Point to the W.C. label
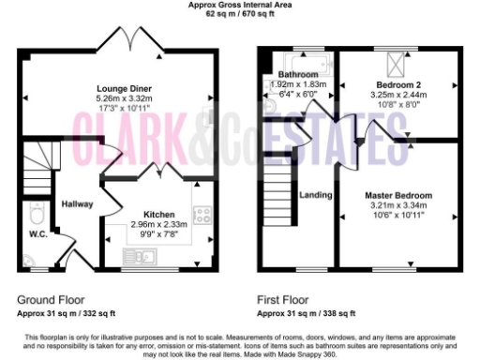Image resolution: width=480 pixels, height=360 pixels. pyautogui.click(x=38, y=234)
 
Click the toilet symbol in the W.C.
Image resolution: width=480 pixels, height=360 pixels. pyautogui.click(x=36, y=211)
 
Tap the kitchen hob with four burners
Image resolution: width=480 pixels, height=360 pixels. pyautogui.click(x=202, y=215)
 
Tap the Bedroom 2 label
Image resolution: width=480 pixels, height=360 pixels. pyautogui.click(x=398, y=83)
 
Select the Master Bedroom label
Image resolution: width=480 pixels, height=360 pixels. pyautogui.click(x=398, y=195)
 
